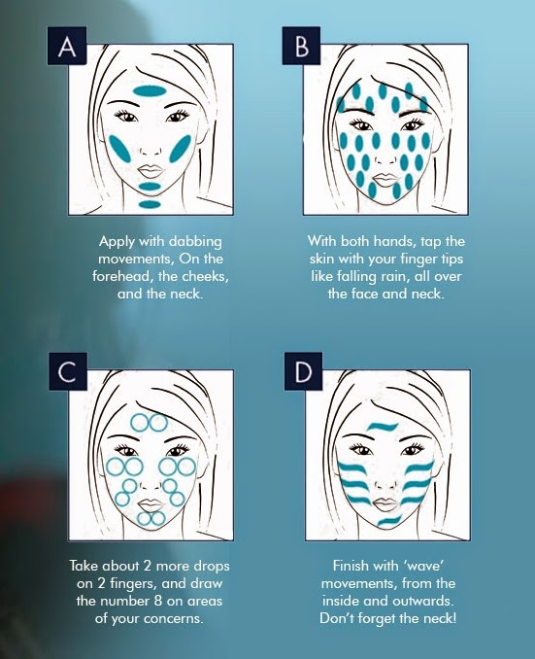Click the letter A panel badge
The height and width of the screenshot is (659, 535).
tap(67, 46)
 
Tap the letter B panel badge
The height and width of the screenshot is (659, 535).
tap(301, 46)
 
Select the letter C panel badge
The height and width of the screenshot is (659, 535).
tap(67, 371)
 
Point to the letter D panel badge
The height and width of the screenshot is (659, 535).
tap(303, 371)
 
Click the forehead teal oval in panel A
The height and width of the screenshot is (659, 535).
tap(148, 90)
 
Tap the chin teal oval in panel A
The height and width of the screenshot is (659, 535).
tap(150, 187)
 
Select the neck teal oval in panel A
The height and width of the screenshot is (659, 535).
tap(150, 205)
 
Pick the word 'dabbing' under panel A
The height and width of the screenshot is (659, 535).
tap(194, 241)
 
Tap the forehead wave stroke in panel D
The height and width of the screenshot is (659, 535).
tap(383, 427)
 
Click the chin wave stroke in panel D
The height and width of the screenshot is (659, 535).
tap(389, 521)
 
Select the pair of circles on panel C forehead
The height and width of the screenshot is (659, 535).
tap(150, 423)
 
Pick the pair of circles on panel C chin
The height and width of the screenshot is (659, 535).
tap(151, 519)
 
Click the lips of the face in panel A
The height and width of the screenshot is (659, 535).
tap(150, 171)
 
